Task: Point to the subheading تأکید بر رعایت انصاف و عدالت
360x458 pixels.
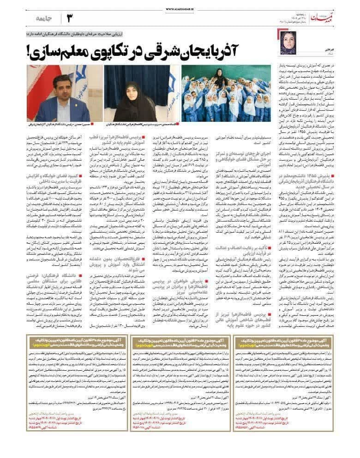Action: pyautogui.click(x=247, y=238)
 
